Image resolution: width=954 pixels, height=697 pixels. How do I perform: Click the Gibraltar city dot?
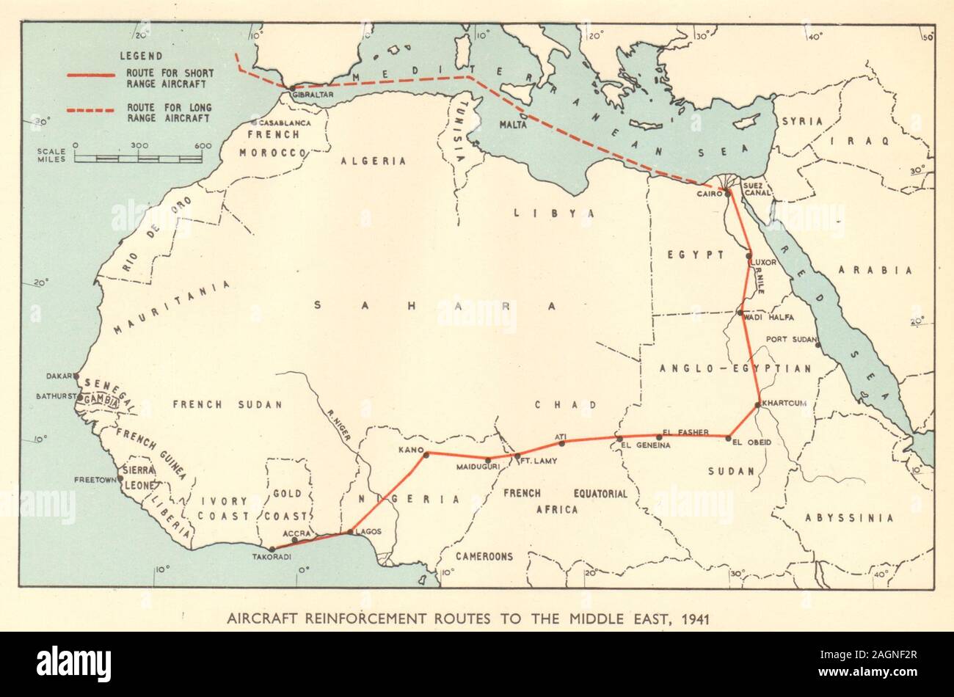point(292,87)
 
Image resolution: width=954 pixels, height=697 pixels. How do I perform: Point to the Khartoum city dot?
point(758,404)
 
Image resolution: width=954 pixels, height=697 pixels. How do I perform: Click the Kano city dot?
point(426,456)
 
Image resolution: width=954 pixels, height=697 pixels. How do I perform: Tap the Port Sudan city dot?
point(818,345)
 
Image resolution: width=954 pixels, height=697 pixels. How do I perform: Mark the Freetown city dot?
point(120,479)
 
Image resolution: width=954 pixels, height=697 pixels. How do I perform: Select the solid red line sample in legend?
point(90,75)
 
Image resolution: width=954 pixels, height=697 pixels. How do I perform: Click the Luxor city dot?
point(749,256)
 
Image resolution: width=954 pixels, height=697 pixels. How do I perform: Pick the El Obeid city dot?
point(728,439)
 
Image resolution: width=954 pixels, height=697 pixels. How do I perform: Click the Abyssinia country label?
point(849,518)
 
